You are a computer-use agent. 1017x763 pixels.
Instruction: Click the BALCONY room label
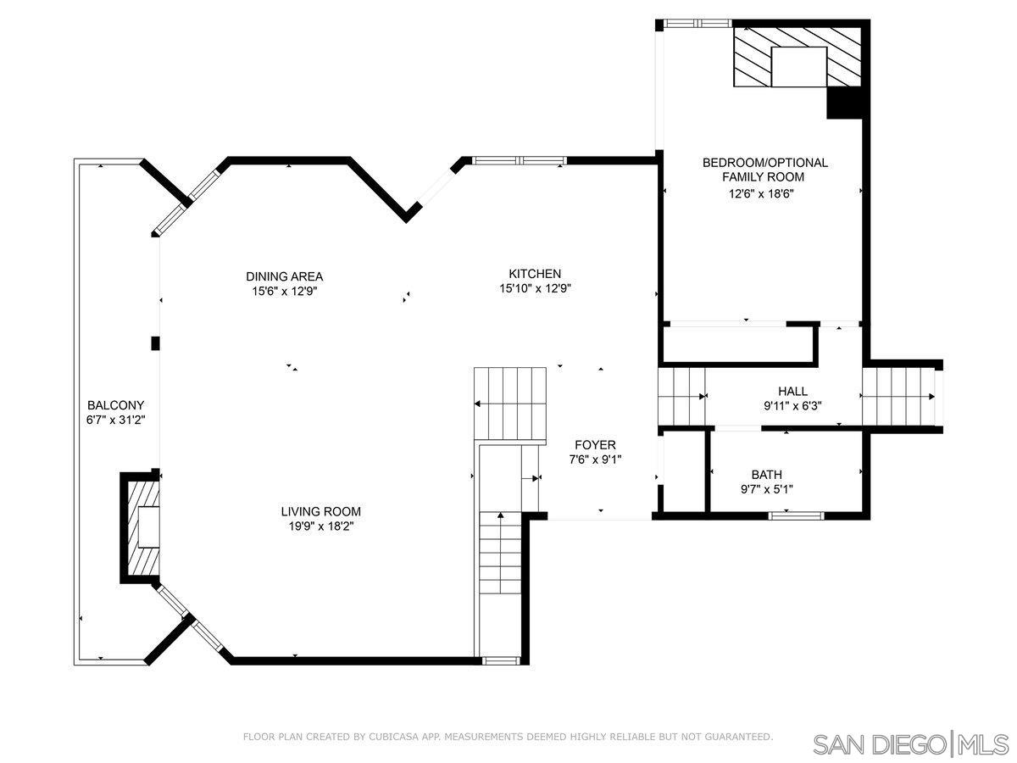coord(116,405)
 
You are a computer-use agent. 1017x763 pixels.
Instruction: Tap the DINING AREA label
coord(284,276)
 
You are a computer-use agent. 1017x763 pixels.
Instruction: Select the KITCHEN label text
coord(534,274)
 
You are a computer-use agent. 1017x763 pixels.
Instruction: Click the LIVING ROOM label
coord(321,511)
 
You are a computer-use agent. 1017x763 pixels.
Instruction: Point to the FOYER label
coord(595,445)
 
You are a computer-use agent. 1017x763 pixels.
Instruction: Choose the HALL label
coord(792,391)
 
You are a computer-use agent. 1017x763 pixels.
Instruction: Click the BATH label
coord(766,475)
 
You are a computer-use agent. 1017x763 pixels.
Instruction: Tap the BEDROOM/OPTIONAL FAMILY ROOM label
coord(764,170)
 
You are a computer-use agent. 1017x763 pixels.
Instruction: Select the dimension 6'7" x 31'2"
coord(116,420)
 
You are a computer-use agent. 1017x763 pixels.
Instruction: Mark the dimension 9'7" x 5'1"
coord(766,489)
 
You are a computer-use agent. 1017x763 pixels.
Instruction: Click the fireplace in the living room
coord(141,528)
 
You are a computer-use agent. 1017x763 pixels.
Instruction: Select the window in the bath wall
coord(796,515)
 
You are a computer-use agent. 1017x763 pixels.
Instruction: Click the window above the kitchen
coord(519,160)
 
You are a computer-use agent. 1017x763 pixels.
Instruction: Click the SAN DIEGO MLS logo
coord(910,744)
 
